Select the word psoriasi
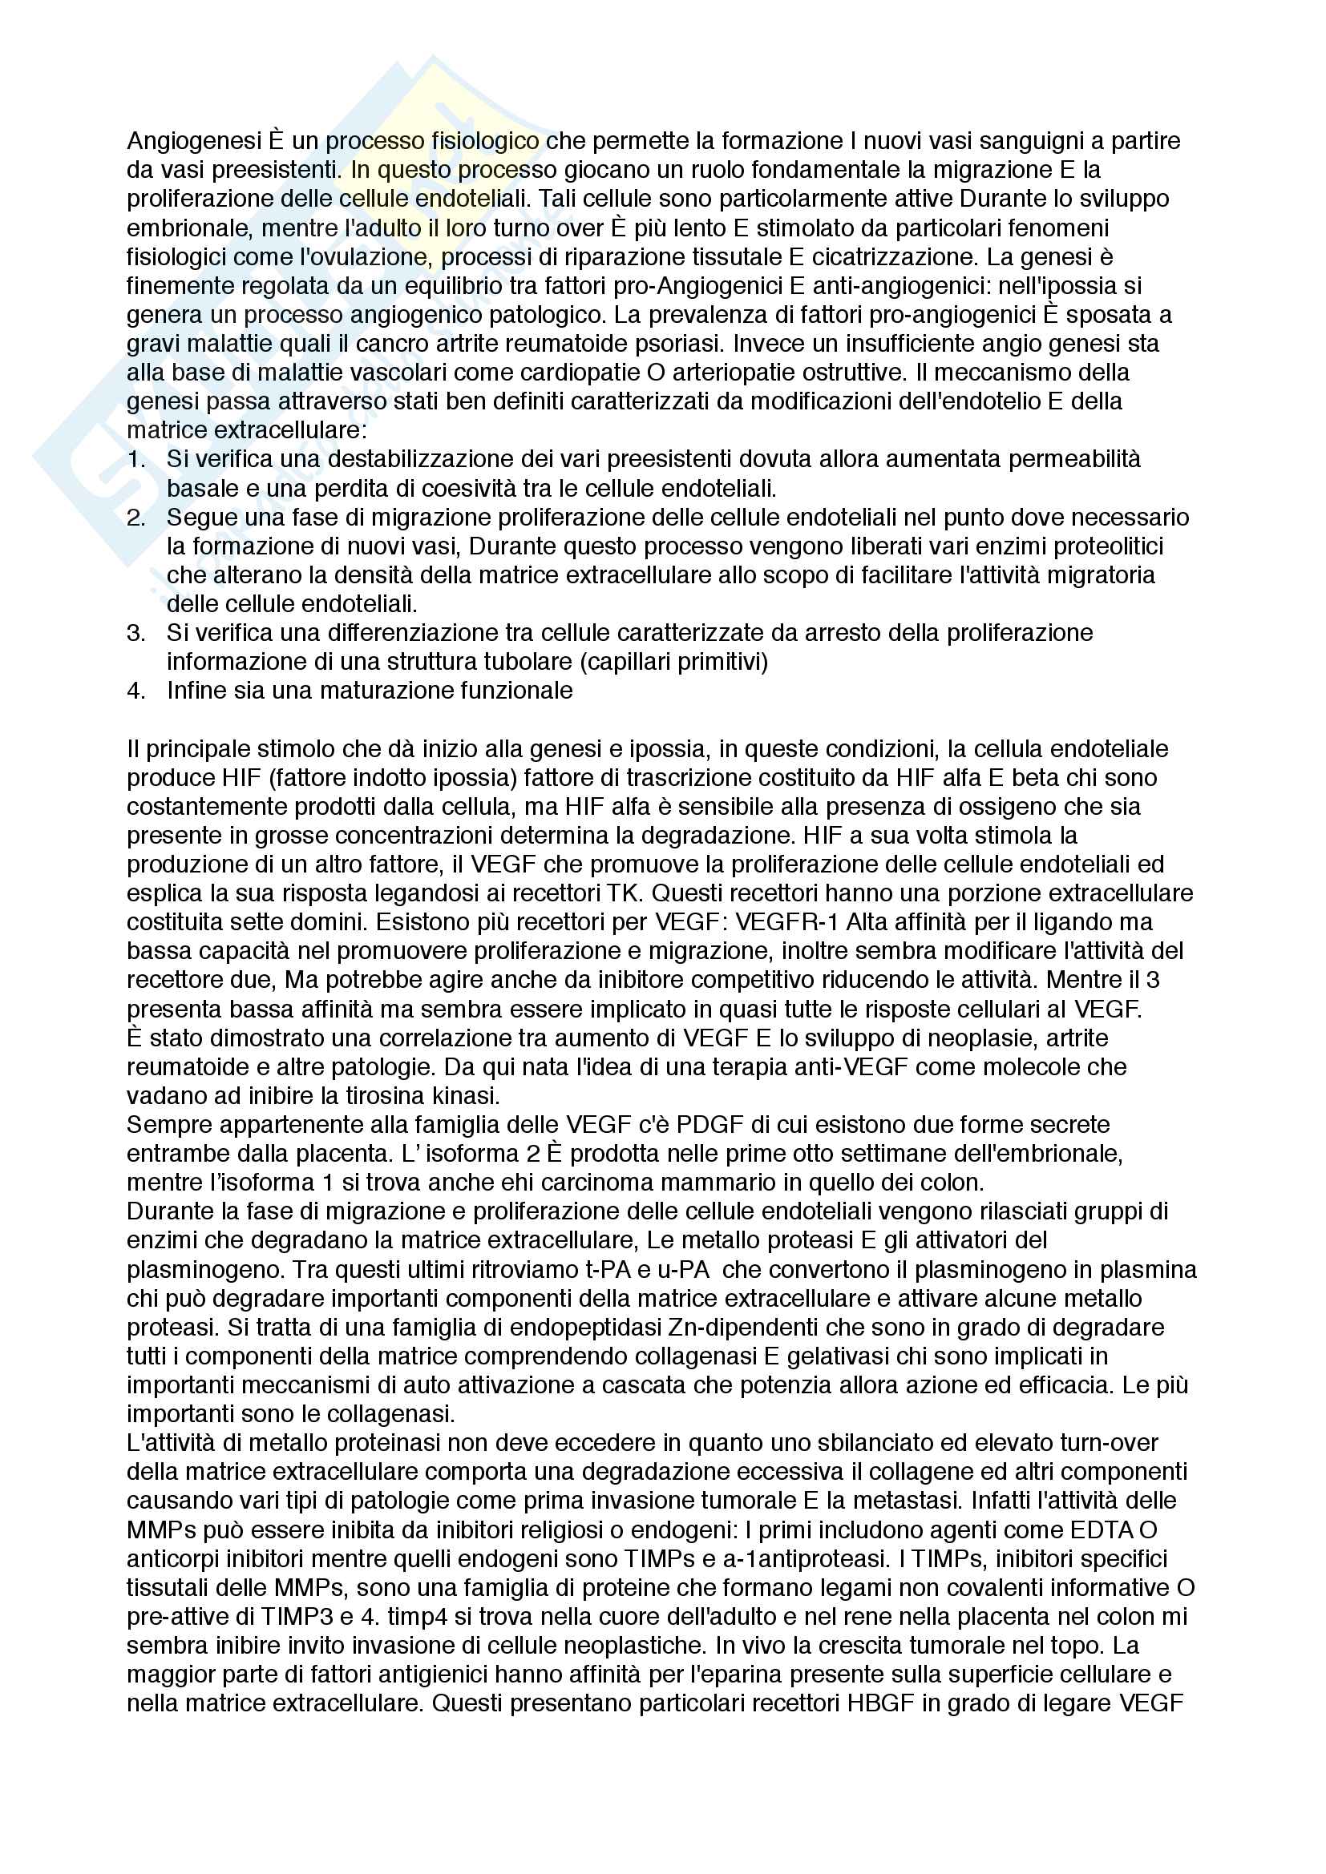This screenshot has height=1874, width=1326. tap(662, 344)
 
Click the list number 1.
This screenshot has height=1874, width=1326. tap(135, 460)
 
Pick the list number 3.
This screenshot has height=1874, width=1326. tap(135, 633)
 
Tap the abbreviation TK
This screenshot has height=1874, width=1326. tap(620, 893)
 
